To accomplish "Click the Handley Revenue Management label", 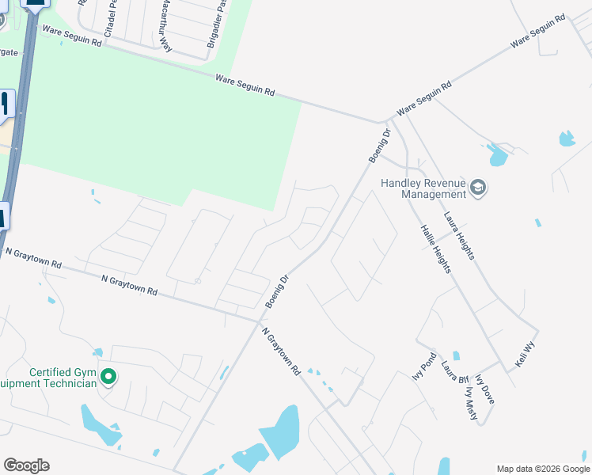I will (x=423, y=188).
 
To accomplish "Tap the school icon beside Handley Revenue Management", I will (x=478, y=188).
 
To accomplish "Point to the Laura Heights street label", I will (x=459, y=235).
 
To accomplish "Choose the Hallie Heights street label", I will (x=435, y=249).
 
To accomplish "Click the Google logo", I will (x=26, y=465).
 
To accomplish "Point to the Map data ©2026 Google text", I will (x=543, y=469).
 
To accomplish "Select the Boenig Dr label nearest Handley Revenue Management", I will (x=381, y=146).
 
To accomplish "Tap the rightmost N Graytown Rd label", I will (x=281, y=351).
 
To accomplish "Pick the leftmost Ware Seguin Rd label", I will (x=72, y=36).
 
